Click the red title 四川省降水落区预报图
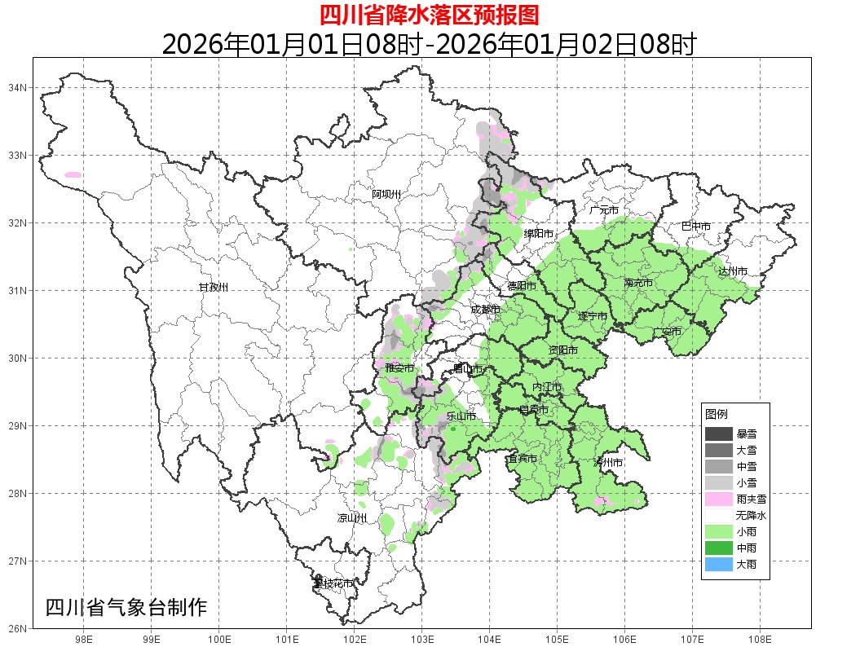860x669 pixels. pos(429,15)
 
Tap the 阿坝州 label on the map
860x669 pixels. pos(386,194)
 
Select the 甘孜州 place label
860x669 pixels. pos(214,288)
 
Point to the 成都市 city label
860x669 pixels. pos(486,310)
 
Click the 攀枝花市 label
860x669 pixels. pos(333,583)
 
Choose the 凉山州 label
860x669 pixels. pos(352,518)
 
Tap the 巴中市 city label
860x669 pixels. pos(696,226)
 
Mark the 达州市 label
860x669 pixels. pos(733,271)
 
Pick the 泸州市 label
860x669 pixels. pos(608,463)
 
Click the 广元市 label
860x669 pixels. pos(604,210)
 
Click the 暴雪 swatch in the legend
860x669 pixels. pos(719,434)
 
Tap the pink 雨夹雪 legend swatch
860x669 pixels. pos(719,499)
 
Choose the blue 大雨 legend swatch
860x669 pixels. pos(719,564)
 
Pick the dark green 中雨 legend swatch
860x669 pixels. pos(719,548)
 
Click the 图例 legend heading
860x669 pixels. pos(717,414)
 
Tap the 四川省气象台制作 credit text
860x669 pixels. pos(127,608)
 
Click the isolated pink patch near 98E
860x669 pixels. pos(73,174)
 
